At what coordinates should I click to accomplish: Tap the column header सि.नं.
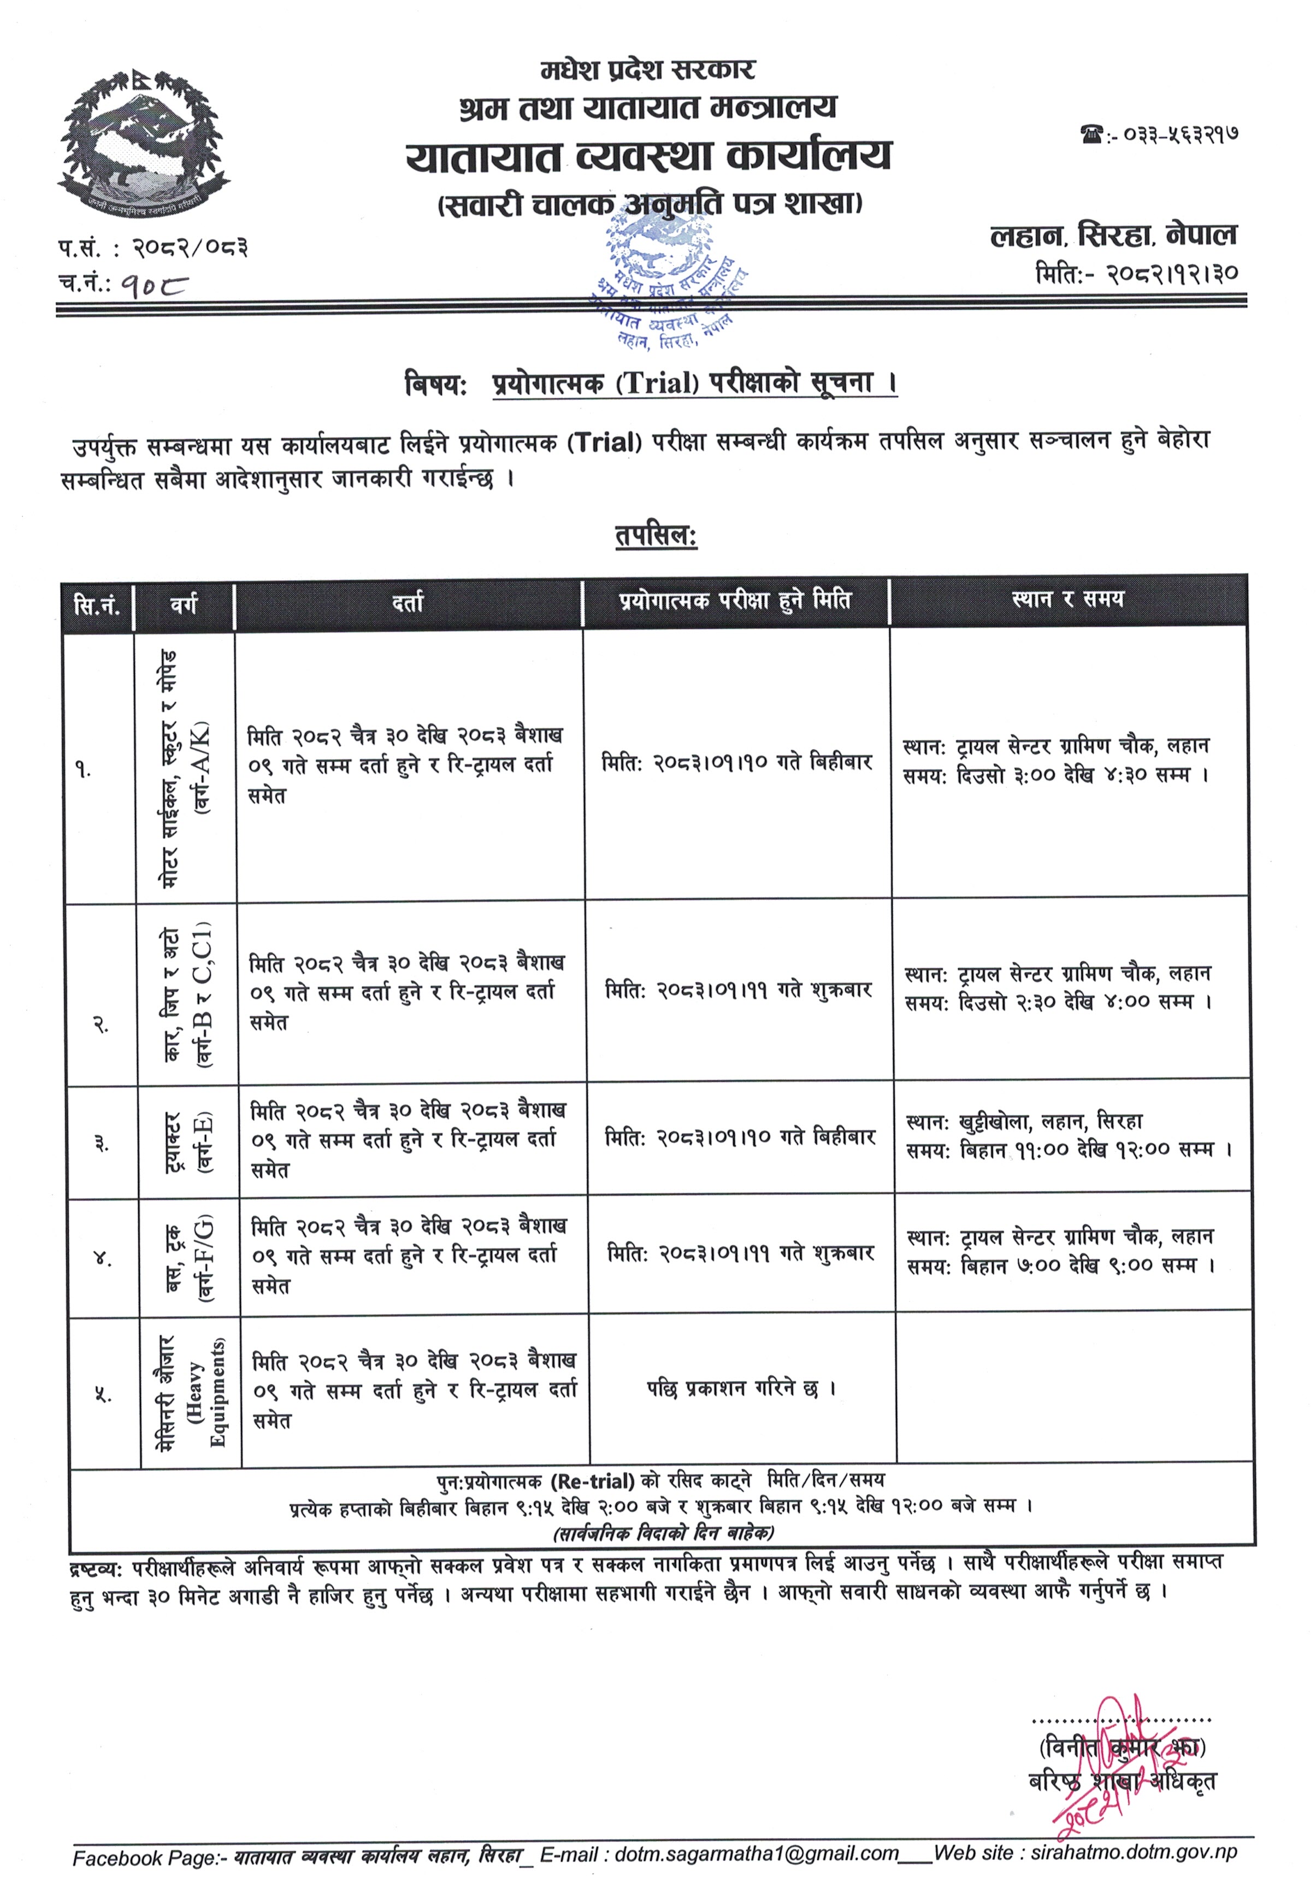click(97, 606)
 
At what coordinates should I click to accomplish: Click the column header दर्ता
click(408, 604)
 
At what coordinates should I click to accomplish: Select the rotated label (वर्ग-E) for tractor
click(203, 1143)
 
